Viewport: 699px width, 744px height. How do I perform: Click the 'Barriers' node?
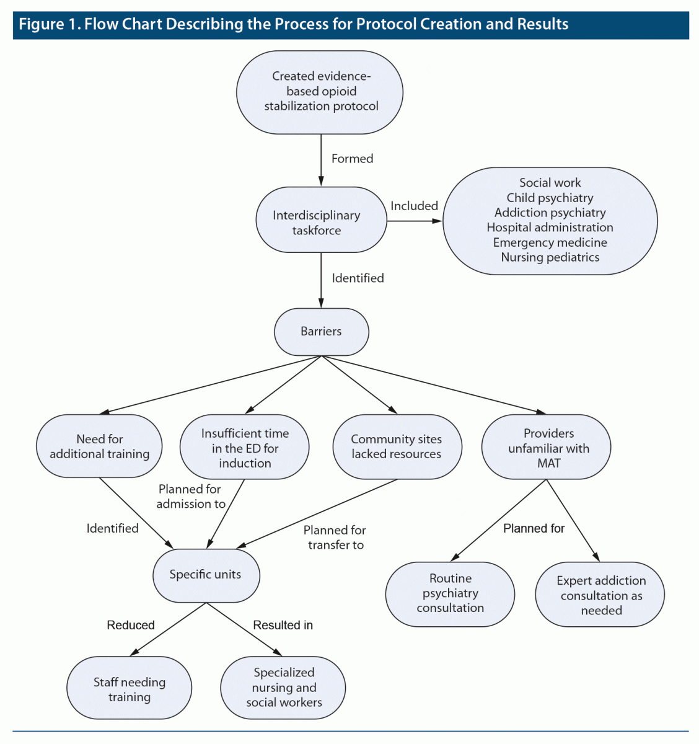pos(321,332)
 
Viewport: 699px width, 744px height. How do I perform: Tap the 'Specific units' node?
pos(206,575)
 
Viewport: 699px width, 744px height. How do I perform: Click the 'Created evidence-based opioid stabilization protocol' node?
pos(320,92)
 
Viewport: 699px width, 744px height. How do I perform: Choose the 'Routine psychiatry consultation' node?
pos(450,593)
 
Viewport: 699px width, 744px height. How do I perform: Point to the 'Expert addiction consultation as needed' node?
pos(600,595)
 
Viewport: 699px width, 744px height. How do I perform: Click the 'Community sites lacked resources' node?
pos(397,446)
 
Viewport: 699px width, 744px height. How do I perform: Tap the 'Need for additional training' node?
pos(99,446)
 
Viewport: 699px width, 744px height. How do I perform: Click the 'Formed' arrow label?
pos(352,159)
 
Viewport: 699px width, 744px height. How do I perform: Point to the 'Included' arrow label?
pos(414,206)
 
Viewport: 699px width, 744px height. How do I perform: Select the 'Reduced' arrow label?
pos(131,625)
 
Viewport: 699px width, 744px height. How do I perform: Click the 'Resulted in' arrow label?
pos(283,625)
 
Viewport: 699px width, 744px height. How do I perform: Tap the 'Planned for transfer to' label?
pos(335,538)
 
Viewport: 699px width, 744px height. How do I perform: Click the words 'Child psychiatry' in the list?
pos(550,198)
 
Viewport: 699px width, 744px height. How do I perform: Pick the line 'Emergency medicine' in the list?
pos(550,242)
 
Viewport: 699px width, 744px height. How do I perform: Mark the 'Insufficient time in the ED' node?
pos(245,448)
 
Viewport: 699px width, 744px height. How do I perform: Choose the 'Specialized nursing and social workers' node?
pos(284,688)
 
